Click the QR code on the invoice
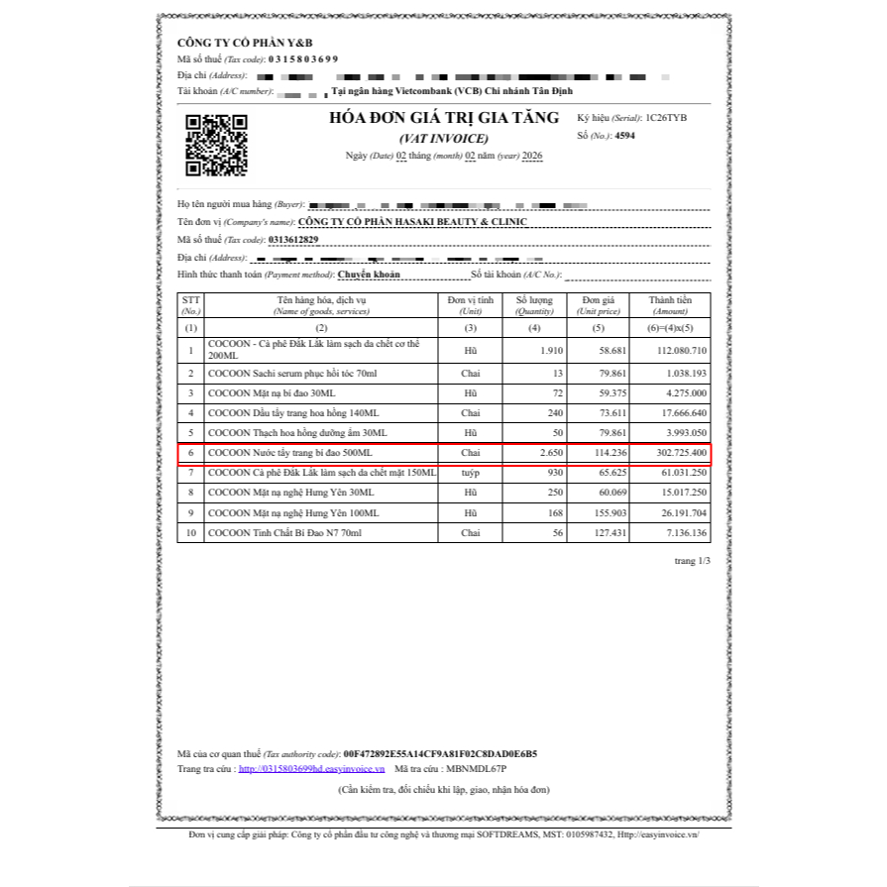tap(216, 146)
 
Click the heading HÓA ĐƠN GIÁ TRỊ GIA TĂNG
tap(444, 118)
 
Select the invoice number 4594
tap(624, 136)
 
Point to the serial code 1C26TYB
tap(665, 117)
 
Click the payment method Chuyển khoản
tap(369, 274)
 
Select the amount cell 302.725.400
tap(678, 453)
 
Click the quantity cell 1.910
tap(545, 351)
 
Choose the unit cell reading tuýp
tap(470, 473)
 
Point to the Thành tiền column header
tap(670, 304)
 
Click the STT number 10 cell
tap(190, 533)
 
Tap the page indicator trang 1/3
tap(693, 561)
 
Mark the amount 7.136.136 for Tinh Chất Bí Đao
tap(682, 533)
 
